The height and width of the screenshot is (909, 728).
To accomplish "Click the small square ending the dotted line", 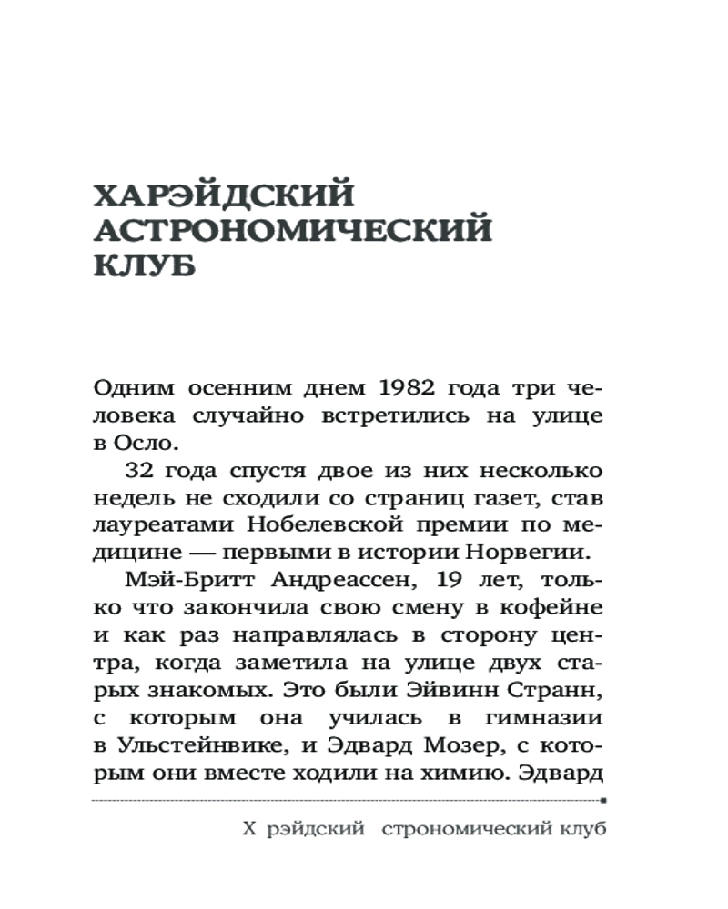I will (604, 802).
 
